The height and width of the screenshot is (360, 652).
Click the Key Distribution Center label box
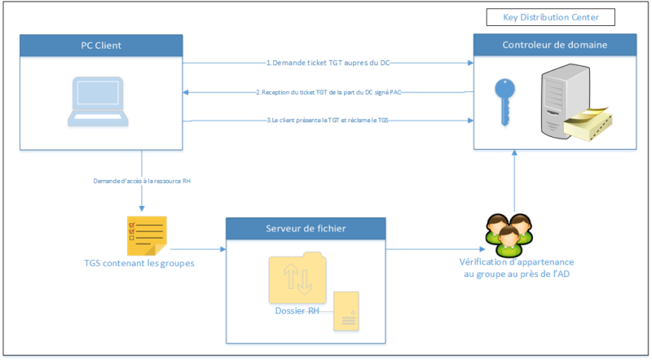click(x=549, y=17)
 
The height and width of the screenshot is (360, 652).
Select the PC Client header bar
click(x=101, y=45)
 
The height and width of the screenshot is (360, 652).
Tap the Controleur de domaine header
click(x=554, y=45)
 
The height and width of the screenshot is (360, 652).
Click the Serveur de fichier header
click(x=306, y=228)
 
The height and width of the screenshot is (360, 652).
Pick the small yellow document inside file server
click(x=346, y=312)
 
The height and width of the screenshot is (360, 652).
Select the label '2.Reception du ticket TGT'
click(x=328, y=92)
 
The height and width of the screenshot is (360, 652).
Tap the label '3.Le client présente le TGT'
click(x=328, y=121)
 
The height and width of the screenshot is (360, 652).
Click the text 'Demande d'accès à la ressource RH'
click(x=143, y=180)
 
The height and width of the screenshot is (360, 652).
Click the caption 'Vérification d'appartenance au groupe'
click(x=514, y=268)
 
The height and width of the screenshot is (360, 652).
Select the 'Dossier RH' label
click(x=297, y=310)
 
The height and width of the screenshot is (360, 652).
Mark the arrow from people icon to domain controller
click(x=514, y=183)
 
